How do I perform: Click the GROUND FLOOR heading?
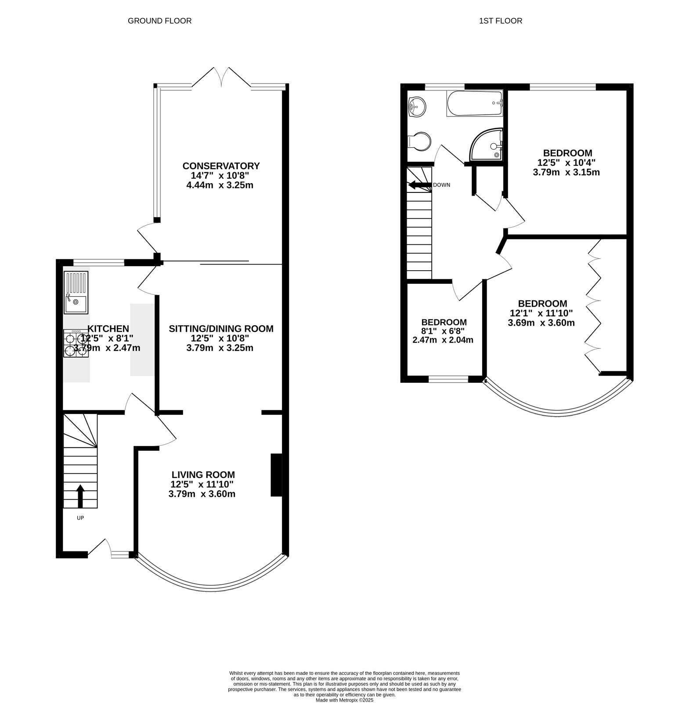[159, 21]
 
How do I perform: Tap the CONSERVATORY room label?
[221, 166]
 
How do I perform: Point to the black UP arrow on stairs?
[80, 496]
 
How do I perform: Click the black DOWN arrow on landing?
[419, 185]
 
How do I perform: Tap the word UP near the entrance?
[80, 518]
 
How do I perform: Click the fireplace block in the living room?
[276, 475]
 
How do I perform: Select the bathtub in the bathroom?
[474, 103]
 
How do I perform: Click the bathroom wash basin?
[417, 107]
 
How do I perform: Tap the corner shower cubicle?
[487, 145]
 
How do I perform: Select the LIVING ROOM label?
[203, 475]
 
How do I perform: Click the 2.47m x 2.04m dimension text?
[443, 340]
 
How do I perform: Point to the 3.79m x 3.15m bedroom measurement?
[566, 172]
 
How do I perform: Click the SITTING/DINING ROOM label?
[221, 328]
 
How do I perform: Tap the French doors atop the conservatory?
[221, 77]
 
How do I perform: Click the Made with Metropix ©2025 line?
[344, 700]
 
